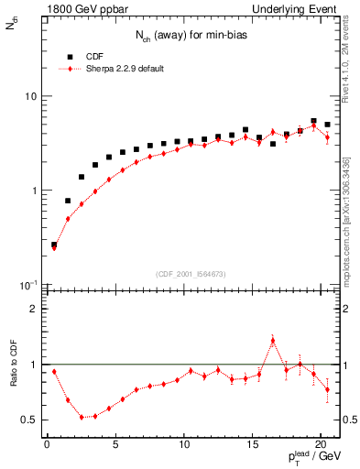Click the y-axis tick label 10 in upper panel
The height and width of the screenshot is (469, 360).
click(x=31, y=96)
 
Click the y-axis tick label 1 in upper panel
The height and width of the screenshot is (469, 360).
click(x=35, y=191)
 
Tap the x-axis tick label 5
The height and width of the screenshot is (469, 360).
click(x=115, y=446)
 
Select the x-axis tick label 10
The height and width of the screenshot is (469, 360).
click(x=184, y=446)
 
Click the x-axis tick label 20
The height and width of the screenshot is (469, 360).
click(x=321, y=446)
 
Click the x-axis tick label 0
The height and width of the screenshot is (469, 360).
click(x=48, y=446)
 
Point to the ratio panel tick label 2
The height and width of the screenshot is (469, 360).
click(x=35, y=309)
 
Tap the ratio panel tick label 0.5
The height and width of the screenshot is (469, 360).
click(x=31, y=420)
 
